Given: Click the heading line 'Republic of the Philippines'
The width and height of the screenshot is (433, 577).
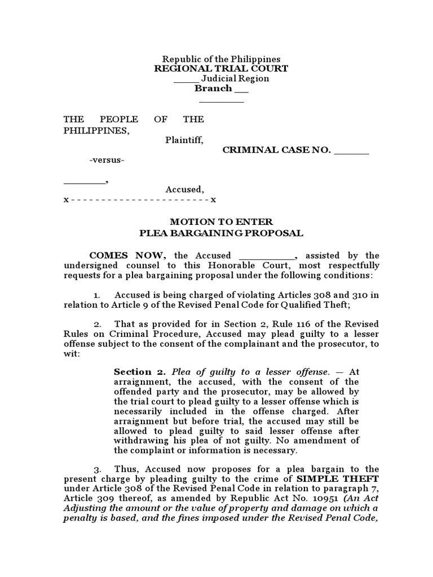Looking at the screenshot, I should (x=221, y=59).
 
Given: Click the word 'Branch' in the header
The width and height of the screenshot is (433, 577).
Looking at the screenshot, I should (x=213, y=88).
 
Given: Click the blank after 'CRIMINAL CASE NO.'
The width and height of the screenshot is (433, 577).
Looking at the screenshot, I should (x=352, y=150).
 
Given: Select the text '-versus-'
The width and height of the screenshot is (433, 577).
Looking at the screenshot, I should (x=107, y=161).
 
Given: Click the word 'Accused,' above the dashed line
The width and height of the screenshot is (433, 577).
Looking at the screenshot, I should (x=184, y=190).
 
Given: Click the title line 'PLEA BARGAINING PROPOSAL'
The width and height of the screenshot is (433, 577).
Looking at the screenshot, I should (x=221, y=233).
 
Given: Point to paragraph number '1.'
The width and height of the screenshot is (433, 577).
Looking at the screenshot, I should (x=96, y=295).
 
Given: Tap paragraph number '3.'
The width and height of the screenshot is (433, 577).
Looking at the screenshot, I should (x=97, y=469).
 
